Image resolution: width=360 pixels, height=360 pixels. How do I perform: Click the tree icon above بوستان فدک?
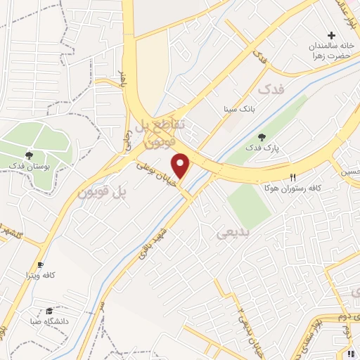click(29, 155)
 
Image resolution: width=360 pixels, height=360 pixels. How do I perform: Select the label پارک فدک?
click(262, 149)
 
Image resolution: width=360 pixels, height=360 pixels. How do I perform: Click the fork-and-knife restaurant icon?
click(293, 178)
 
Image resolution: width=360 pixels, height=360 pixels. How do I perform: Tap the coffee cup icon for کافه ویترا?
click(41, 265)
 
